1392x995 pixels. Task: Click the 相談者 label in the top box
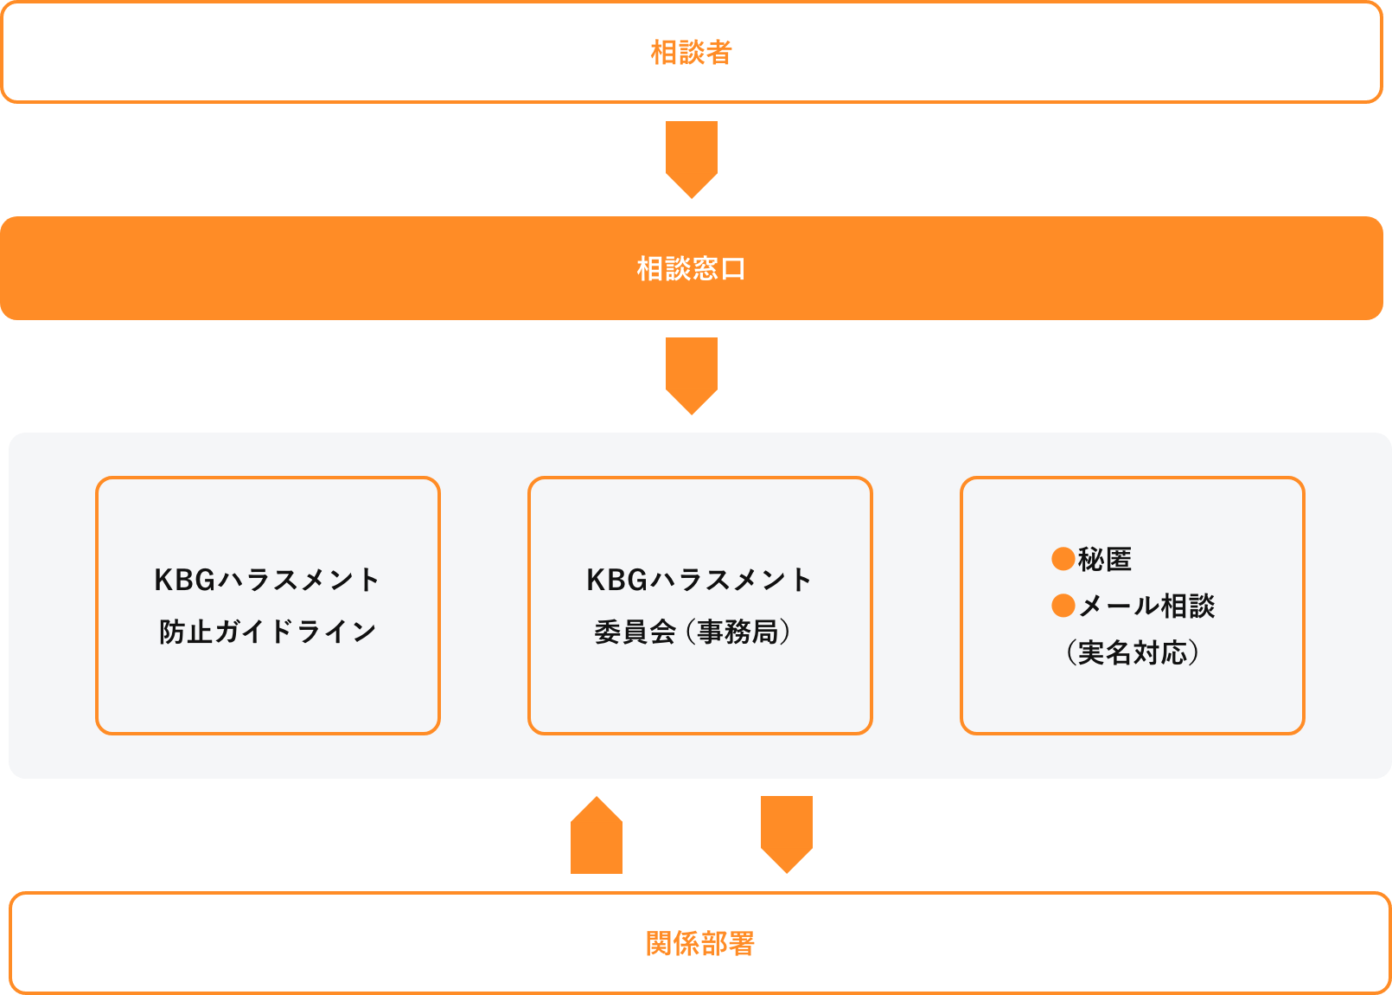[691, 53]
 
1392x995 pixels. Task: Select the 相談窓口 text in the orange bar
[691, 269]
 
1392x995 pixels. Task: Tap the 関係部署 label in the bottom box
[699, 943]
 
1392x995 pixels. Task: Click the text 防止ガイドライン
[267, 632]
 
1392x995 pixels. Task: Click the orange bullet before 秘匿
[1063, 559]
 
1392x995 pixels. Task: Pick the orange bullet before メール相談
[1063, 606]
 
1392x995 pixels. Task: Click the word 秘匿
[1105, 560]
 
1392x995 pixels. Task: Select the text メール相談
[1146, 606]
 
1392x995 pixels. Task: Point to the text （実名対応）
[1133, 652]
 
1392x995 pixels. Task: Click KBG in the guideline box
[184, 580]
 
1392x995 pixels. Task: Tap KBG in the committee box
[616, 580]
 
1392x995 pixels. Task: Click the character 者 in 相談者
[718, 53]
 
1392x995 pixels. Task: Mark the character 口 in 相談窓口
[733, 269]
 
